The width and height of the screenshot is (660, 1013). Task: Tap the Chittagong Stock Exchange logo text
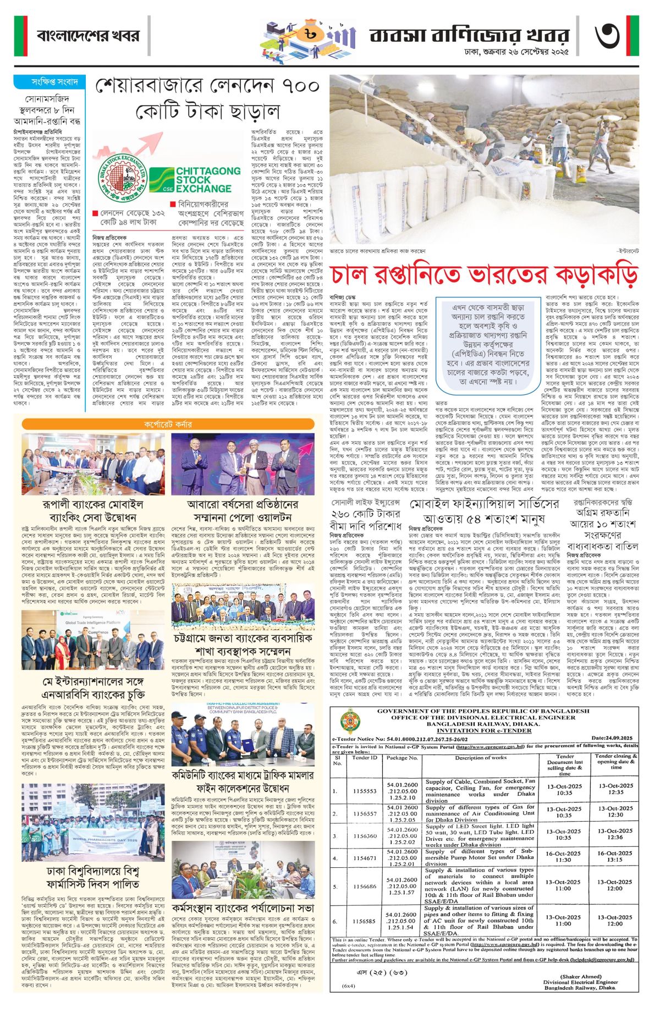pyautogui.click(x=208, y=180)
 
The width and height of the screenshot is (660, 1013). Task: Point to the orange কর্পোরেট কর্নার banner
pyautogui.click(x=168, y=424)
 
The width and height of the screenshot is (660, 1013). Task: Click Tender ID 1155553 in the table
pyautogui.click(x=365, y=791)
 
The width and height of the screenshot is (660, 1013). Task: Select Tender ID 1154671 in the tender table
pyautogui.click(x=365, y=858)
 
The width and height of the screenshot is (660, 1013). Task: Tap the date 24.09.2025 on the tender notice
pyautogui.click(x=612, y=737)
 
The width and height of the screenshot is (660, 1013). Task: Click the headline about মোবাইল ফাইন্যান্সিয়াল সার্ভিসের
pyautogui.click(x=485, y=512)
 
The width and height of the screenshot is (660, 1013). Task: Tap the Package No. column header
pyautogui.click(x=402, y=757)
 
